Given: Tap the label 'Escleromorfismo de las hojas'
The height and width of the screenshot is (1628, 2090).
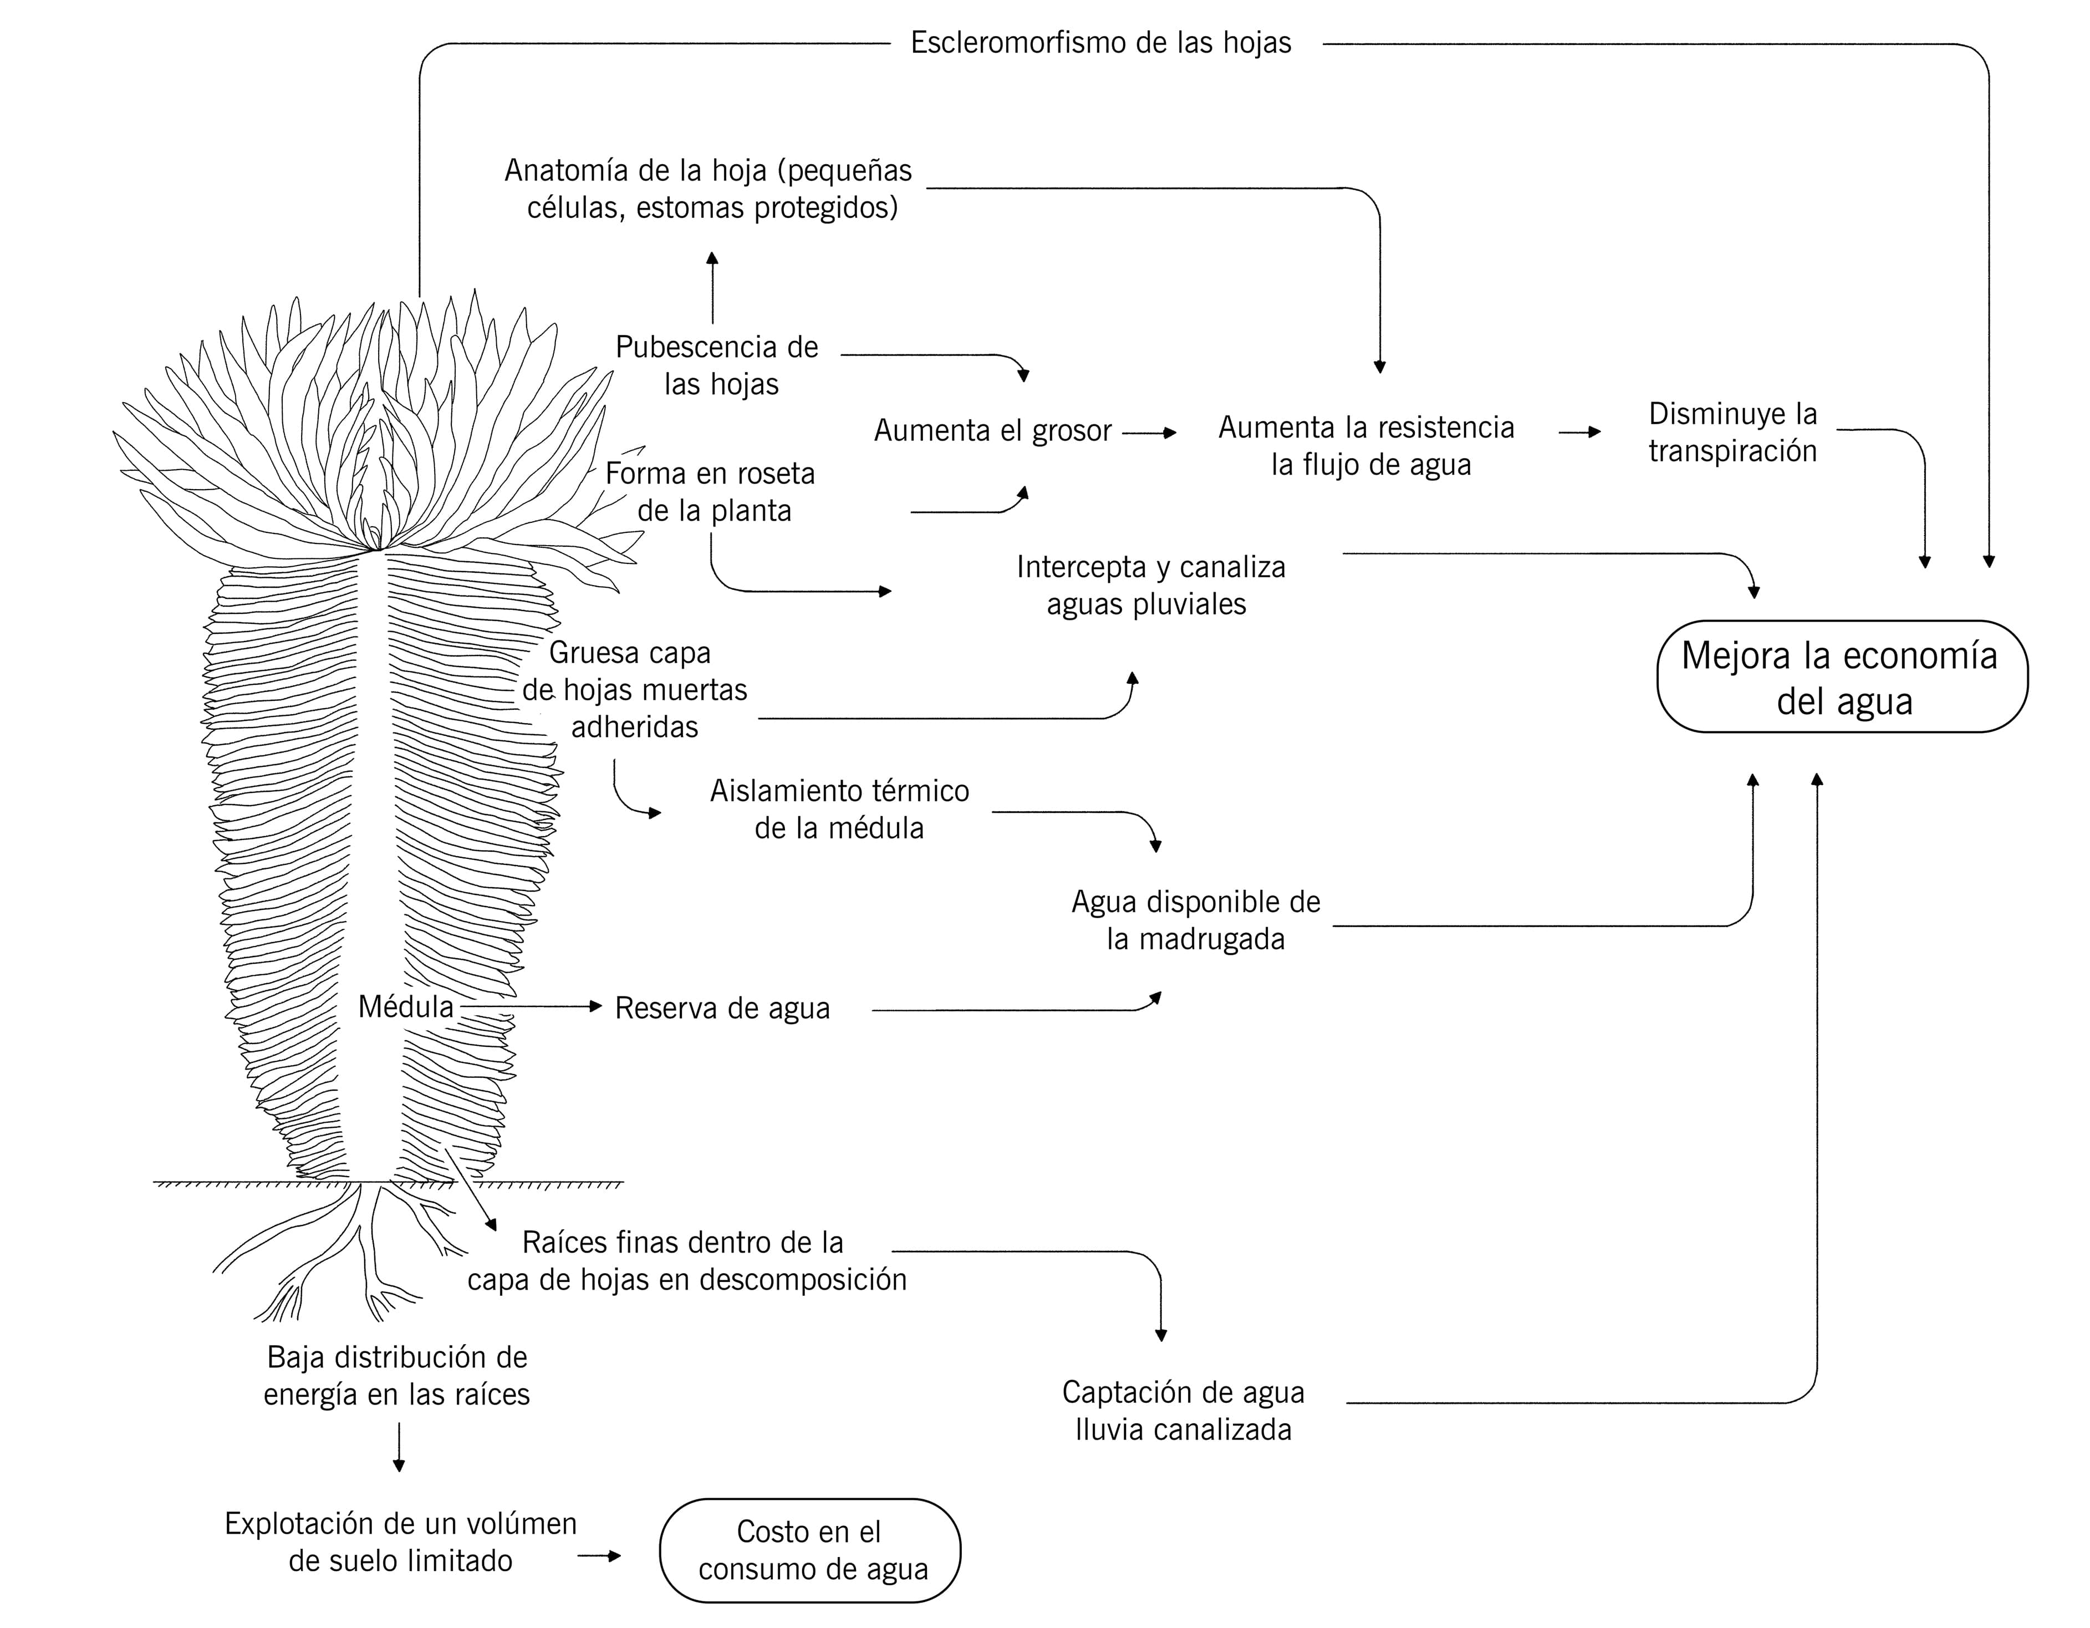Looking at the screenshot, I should pyautogui.click(x=1100, y=43).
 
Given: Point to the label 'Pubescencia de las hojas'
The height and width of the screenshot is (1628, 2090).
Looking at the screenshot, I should pyautogui.click(x=718, y=365).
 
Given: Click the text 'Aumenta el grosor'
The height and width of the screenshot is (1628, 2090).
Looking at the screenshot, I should pyautogui.click(x=992, y=431).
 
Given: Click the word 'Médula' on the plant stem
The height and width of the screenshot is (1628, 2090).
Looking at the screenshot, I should pyautogui.click(x=406, y=1007).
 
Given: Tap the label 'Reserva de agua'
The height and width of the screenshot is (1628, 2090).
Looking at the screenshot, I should pyautogui.click(x=722, y=1009).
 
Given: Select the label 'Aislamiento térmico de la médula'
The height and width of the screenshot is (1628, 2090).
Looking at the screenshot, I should pyautogui.click(x=839, y=810).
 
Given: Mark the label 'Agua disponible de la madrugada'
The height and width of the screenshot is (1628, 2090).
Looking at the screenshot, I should pyautogui.click(x=1195, y=920).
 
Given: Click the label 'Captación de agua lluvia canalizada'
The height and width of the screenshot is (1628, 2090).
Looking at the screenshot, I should pyautogui.click(x=1183, y=1411).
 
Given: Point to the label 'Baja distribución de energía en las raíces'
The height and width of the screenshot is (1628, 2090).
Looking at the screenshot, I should pyautogui.click(x=397, y=1375).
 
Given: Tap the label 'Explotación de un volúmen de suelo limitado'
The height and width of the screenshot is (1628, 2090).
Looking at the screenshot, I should pyautogui.click(x=400, y=1542).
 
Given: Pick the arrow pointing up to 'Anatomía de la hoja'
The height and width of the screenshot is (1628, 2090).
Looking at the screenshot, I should pyautogui.click(x=712, y=287).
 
